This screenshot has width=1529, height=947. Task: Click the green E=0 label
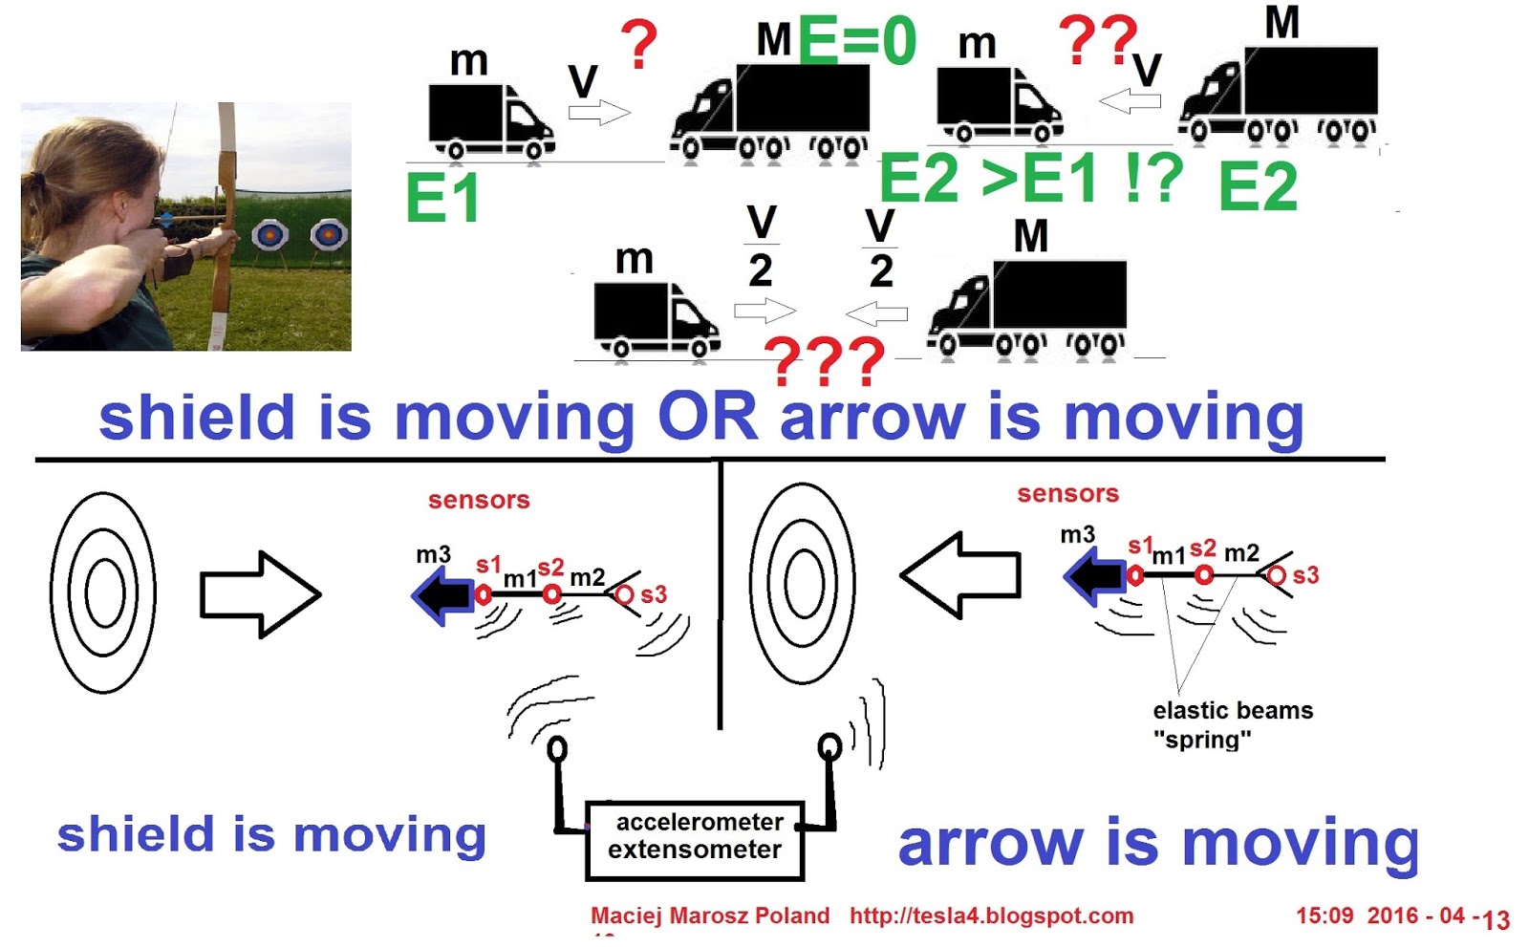856,41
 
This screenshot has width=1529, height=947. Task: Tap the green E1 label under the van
441,199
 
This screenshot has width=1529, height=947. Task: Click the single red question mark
639,45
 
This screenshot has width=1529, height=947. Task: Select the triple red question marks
825,362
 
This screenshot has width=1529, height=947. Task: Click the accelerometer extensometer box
695,839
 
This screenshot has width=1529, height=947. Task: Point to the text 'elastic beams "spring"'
1232,724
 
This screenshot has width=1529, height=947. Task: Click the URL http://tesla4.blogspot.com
991,915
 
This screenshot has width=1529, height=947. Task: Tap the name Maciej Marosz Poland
710,915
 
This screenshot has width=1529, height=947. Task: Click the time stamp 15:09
1324,915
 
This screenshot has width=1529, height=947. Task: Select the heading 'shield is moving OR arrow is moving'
700,418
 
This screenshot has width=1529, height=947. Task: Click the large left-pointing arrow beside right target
961,574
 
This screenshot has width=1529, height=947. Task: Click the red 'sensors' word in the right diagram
1067,494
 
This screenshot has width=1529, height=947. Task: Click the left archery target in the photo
269,234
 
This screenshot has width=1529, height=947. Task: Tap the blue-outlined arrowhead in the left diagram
441,594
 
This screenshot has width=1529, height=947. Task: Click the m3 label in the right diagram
1077,535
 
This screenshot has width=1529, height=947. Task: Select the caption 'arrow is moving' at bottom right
1158,844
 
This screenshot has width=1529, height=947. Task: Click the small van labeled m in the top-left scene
489,121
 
